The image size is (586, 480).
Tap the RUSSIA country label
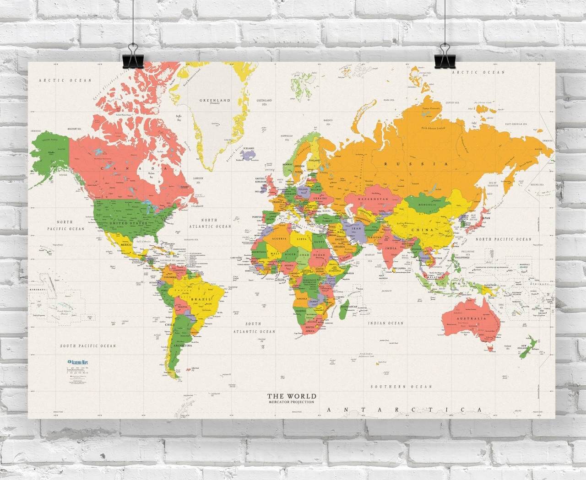[416, 164]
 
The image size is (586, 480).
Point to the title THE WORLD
[292, 396]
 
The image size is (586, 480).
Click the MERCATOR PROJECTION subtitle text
[292, 402]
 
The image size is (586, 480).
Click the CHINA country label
[419, 230]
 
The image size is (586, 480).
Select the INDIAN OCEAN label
[386, 323]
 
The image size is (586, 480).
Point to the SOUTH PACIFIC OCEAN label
[88, 346]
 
